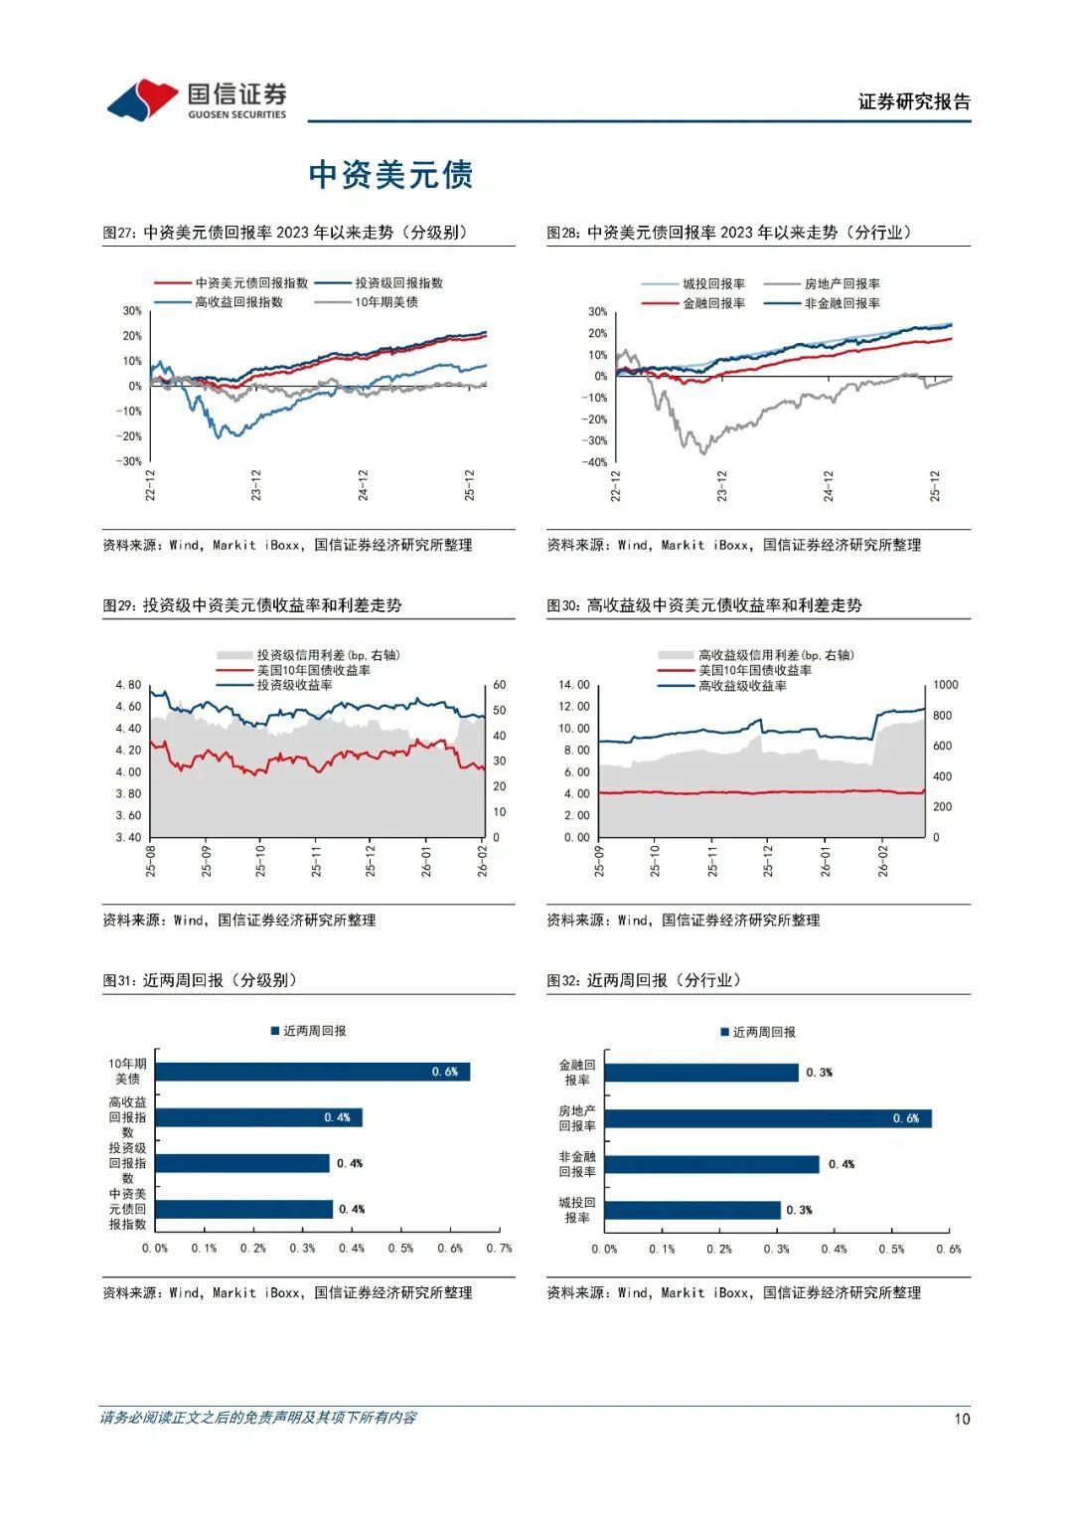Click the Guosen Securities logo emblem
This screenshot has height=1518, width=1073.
tap(142, 100)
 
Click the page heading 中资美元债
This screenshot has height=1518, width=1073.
tap(390, 175)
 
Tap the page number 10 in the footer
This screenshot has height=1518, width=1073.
tap(961, 1419)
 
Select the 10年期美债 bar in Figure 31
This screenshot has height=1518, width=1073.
tap(312, 1072)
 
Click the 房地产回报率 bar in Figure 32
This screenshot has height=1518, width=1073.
tap(767, 1118)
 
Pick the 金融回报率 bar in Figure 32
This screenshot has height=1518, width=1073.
tap(700, 1073)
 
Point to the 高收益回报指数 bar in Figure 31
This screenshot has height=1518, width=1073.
tap(258, 1117)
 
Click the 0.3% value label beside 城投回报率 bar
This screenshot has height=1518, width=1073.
tap(799, 1210)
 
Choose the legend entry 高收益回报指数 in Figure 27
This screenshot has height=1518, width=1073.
tap(238, 302)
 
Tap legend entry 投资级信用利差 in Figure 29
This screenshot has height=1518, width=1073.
tap(327, 655)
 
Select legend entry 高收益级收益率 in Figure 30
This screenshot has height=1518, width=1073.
tap(742, 686)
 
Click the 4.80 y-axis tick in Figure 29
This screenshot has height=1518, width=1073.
tap(128, 685)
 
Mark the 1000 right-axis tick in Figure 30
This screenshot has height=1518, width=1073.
tap(945, 685)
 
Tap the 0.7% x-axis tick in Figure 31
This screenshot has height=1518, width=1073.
tap(499, 1248)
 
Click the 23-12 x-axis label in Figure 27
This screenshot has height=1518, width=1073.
tap(256, 484)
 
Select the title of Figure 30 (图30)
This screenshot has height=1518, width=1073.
tap(704, 605)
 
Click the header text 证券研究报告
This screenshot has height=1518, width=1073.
tap(914, 101)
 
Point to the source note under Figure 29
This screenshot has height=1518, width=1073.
tap(239, 921)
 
